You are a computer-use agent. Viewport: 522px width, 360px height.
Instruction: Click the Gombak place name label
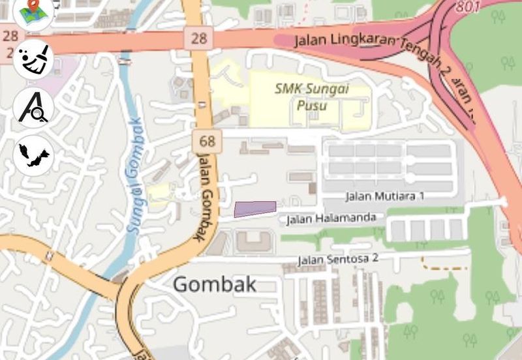pyautogui.click(x=215, y=284)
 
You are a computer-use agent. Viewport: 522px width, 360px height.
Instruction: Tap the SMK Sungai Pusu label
pyautogui.click(x=311, y=97)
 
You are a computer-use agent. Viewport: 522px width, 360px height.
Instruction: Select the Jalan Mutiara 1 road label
pyautogui.click(x=385, y=196)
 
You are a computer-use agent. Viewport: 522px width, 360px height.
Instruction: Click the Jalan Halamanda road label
pyautogui.click(x=331, y=219)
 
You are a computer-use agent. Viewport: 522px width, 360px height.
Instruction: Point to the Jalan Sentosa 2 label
pyautogui.click(x=338, y=259)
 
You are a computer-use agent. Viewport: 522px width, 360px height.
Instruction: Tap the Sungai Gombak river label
pyautogui.click(x=134, y=175)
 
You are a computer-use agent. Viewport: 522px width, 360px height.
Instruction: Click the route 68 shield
pyautogui.click(x=207, y=140)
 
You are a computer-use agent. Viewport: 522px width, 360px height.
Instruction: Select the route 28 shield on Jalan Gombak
pyautogui.click(x=198, y=37)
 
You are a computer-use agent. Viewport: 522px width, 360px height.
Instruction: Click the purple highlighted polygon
pyautogui.click(x=255, y=209)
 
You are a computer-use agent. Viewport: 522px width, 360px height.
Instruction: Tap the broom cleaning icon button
pyautogui.click(x=33, y=59)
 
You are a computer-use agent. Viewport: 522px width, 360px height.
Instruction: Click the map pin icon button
pyautogui.click(x=33, y=13)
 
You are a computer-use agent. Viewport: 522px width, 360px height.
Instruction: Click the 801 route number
pyautogui.click(x=468, y=7)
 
